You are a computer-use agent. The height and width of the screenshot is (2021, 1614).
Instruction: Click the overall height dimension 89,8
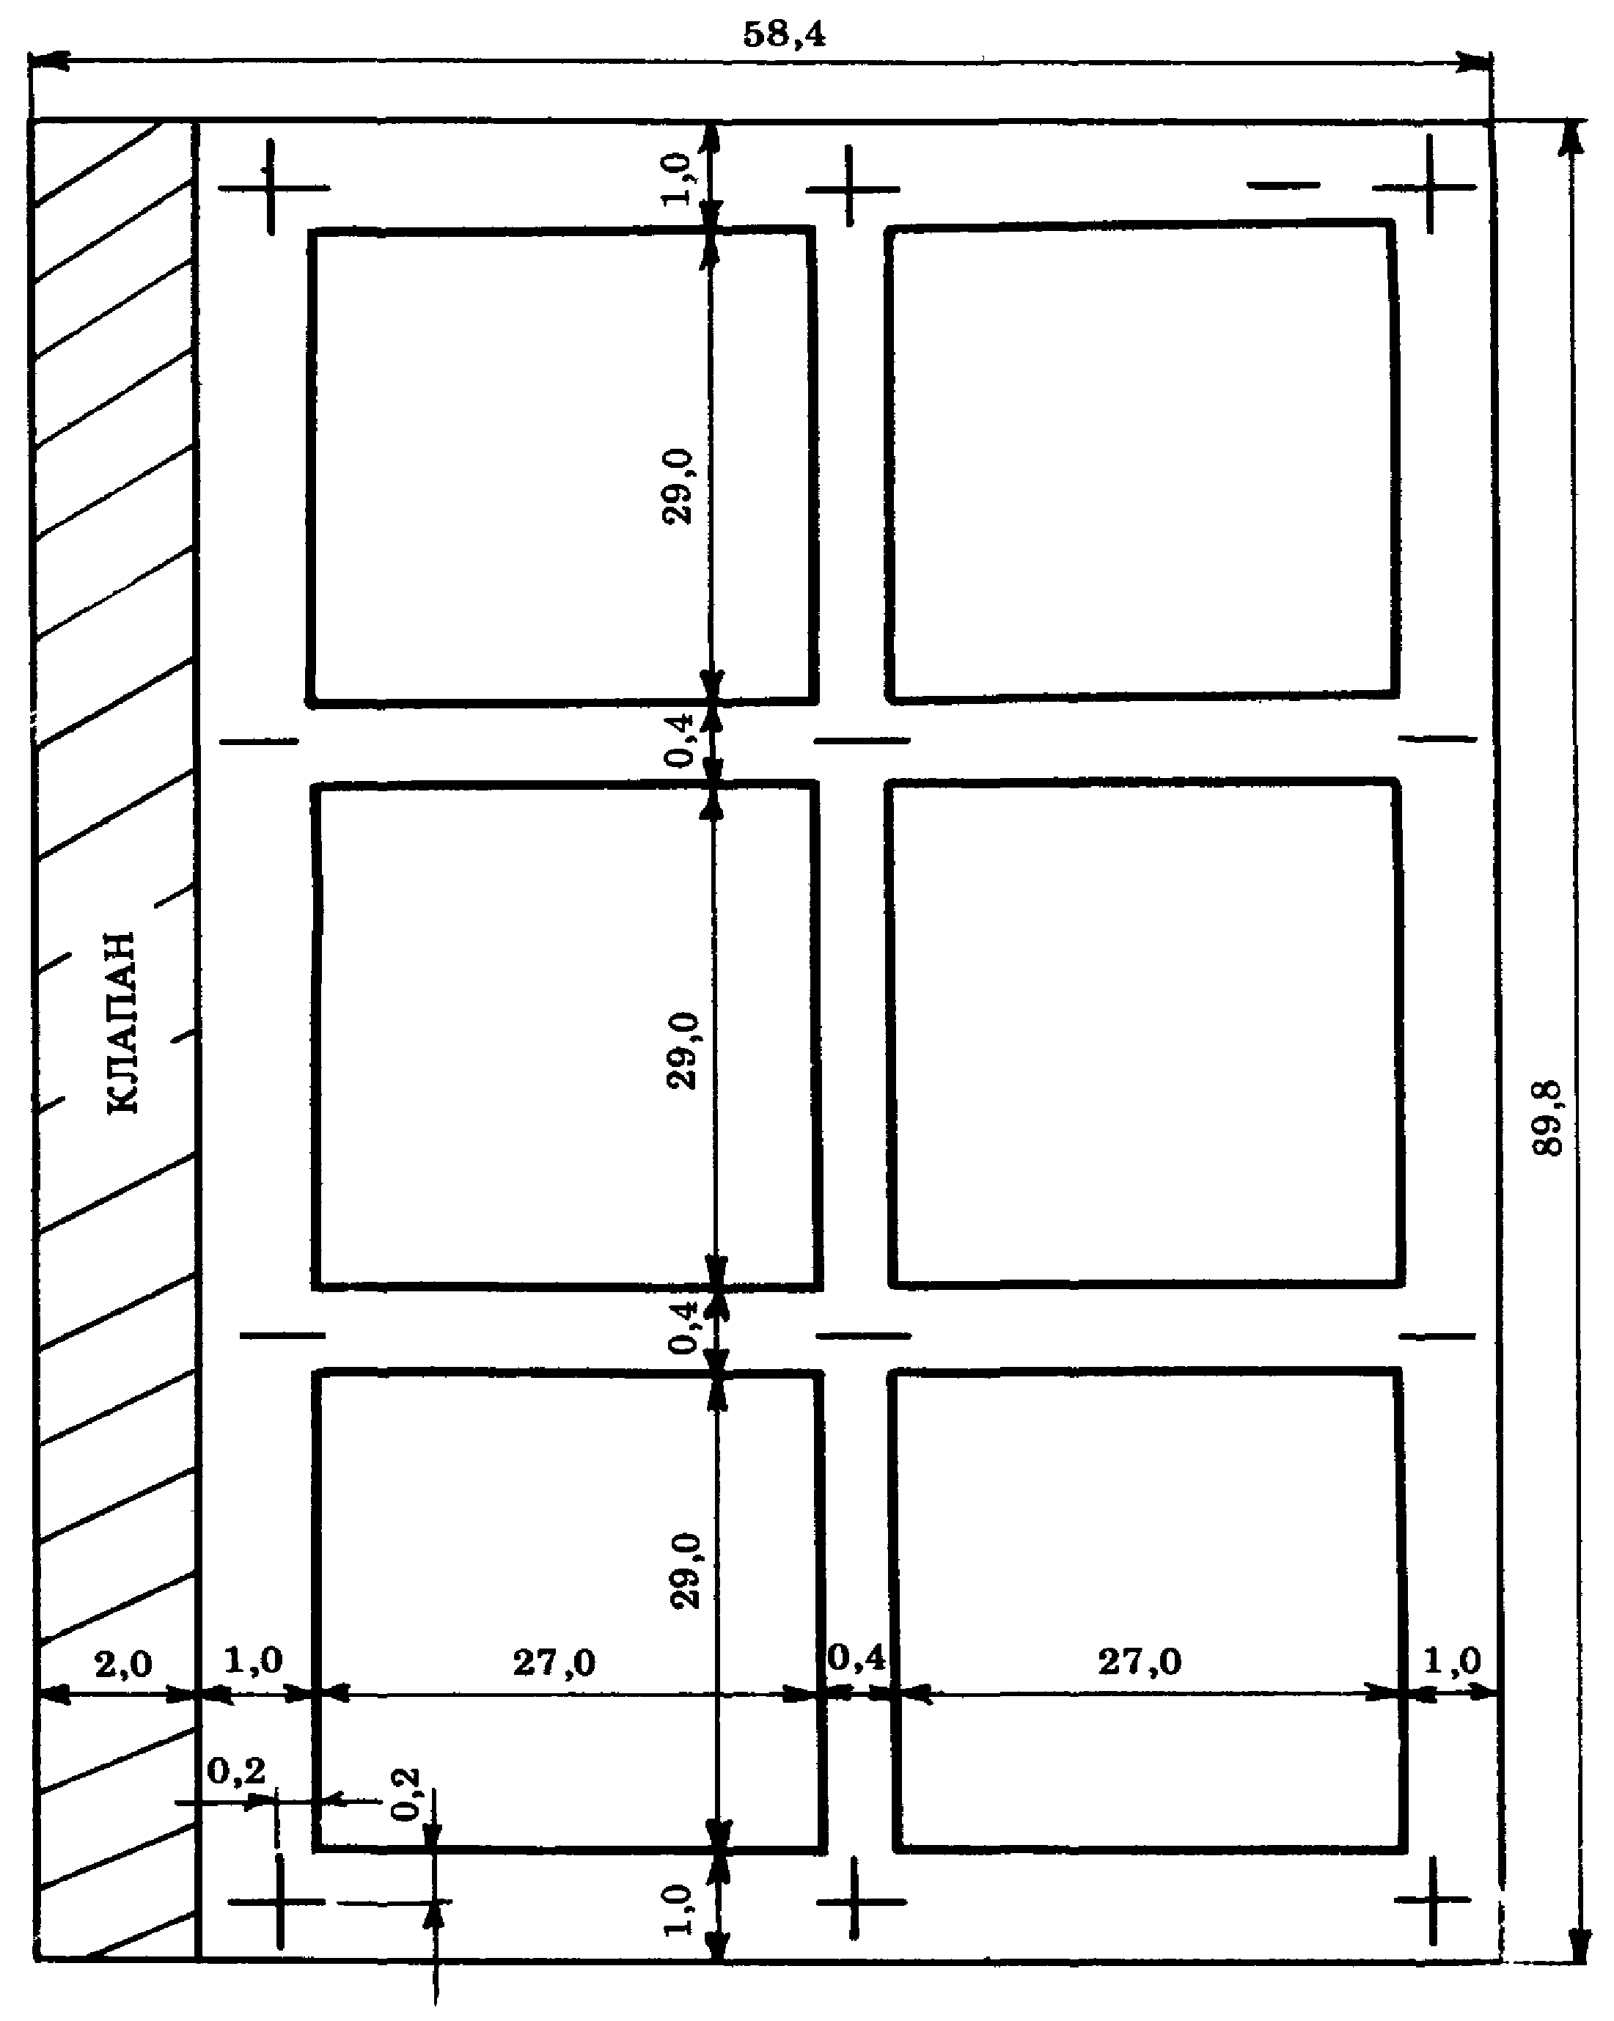[1549, 1118]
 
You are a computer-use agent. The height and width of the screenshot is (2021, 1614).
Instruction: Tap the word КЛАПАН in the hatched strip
[122, 1023]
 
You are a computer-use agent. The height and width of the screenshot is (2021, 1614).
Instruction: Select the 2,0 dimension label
[122, 1664]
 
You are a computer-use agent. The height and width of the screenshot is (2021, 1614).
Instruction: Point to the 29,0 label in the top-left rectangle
[678, 486]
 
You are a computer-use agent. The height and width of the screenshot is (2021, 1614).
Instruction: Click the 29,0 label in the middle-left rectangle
[683, 1051]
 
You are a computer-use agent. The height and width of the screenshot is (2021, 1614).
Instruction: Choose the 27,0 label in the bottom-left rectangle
[553, 1663]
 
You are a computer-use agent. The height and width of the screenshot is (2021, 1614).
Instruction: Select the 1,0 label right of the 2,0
[253, 1661]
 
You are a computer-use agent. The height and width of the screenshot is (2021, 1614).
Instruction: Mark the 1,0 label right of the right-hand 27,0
[1452, 1662]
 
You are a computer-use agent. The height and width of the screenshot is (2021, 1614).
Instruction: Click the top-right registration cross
[1428, 185]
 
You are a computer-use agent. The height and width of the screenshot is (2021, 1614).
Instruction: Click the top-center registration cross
[849, 188]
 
